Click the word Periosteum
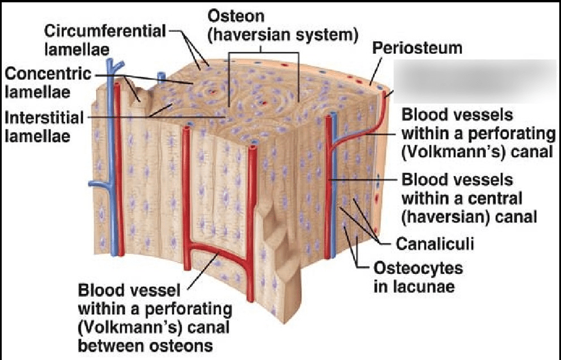[x=417, y=48]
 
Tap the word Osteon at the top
[x=236, y=16]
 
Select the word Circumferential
[x=105, y=31]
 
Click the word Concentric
[x=48, y=74]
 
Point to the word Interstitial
[x=44, y=118]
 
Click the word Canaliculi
[x=434, y=244]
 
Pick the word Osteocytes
[x=418, y=268]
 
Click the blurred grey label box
[x=476, y=81]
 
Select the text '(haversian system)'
[x=283, y=35]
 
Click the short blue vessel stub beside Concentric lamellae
[x=162, y=77]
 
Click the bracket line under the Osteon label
[x=263, y=53]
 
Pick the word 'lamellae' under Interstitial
[x=38, y=136]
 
